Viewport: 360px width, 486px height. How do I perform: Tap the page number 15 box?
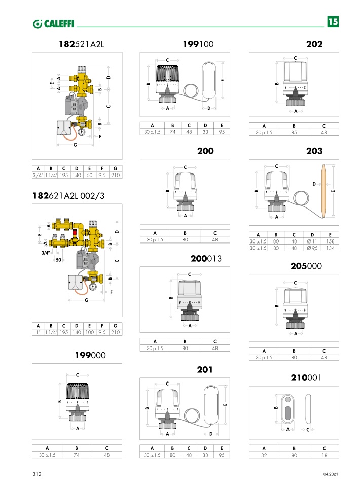point(333,22)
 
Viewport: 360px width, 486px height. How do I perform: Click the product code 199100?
point(198,44)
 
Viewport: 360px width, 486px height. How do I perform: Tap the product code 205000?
point(306,266)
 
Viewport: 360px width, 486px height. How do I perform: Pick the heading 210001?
point(306,378)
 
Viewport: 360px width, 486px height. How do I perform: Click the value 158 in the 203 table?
point(331,241)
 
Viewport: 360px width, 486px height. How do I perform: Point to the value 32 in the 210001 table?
point(264,455)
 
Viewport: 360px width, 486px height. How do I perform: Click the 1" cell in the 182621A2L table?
point(38,332)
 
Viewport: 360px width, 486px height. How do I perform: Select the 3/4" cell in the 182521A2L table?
point(38,175)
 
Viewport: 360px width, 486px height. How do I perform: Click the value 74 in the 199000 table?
point(77,455)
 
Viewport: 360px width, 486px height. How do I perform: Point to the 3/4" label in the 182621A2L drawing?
point(47,252)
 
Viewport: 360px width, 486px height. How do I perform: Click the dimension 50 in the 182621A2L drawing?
point(59,259)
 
